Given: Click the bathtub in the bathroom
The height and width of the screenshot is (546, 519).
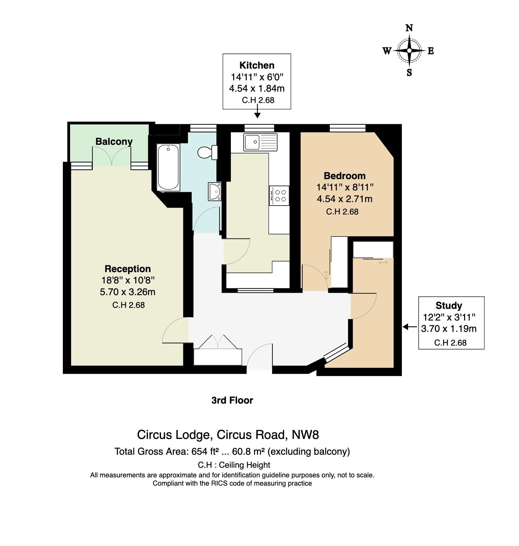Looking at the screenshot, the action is (168, 167).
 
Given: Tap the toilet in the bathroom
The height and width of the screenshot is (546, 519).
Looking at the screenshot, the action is (208, 152).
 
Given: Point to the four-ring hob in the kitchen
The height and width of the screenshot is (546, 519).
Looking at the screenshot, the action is (279, 195).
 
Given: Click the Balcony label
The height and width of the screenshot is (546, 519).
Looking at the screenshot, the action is (114, 141).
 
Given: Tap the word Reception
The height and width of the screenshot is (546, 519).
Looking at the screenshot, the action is (128, 269).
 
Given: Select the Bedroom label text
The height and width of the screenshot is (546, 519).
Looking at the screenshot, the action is (345, 176).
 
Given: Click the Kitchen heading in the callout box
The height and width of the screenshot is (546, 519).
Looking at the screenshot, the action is (257, 65).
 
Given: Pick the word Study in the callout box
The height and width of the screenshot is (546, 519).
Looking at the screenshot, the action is (449, 305).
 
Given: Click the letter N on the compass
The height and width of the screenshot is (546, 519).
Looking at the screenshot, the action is (409, 28).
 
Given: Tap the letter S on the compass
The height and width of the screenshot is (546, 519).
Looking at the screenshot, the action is (409, 72).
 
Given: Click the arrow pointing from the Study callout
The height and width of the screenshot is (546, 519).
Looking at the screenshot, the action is (410, 327).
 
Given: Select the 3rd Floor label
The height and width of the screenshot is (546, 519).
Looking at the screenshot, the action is (232, 400).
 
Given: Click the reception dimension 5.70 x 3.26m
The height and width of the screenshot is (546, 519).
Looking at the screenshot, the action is (128, 292).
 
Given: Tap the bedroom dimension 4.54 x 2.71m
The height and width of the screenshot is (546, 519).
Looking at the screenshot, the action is (345, 199).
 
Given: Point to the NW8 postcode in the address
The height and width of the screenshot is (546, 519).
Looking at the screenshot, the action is (305, 435).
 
